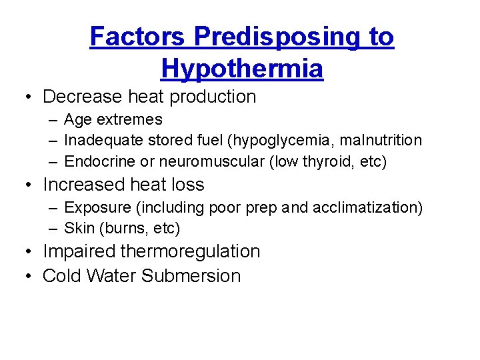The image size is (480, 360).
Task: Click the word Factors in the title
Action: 137,37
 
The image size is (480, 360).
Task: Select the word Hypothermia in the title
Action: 242,68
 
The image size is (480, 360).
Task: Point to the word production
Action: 213,97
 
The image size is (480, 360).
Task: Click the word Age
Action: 77,120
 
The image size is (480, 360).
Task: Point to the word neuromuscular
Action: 198,161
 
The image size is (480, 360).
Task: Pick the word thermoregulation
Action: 190,251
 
